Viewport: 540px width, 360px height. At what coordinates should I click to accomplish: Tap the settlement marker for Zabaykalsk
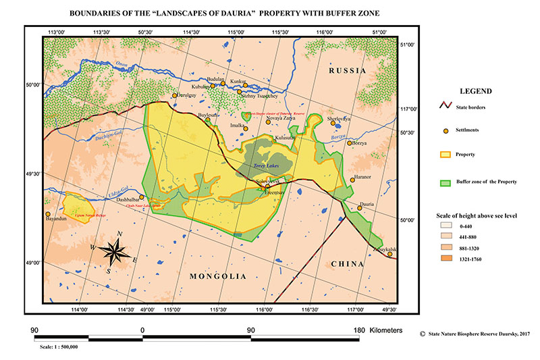click(x=389, y=254)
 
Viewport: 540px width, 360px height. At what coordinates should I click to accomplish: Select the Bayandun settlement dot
click(x=48, y=214)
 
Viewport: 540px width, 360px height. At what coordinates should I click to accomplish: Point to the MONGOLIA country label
click(x=217, y=276)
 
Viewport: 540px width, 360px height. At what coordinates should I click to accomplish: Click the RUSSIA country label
click(x=347, y=70)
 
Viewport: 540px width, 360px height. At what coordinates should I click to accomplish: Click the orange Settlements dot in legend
click(x=445, y=130)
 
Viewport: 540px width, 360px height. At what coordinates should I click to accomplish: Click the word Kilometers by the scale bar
click(x=385, y=330)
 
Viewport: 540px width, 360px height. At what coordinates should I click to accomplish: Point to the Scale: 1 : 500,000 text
click(x=59, y=346)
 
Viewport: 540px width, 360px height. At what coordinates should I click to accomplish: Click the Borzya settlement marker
click(x=350, y=143)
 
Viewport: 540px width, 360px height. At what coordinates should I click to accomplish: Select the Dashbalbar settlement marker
click(x=142, y=197)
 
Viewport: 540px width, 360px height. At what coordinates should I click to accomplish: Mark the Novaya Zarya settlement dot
click(x=268, y=122)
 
